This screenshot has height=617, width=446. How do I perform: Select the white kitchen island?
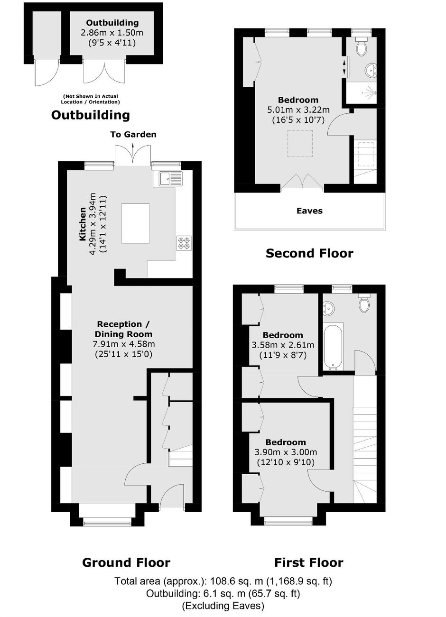pos(136,223)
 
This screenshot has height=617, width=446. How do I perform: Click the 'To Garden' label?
pos(133,134)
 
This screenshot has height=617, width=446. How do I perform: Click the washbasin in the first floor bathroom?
pos(329,308)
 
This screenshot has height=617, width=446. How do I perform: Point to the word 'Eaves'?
pos(309,211)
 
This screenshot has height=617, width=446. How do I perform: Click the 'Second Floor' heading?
pos(309,253)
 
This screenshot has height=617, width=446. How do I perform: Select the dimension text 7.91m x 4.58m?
pos(123,344)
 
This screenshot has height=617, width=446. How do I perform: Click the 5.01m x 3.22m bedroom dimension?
pos(298,110)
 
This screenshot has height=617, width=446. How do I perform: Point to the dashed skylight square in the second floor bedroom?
pos(300,144)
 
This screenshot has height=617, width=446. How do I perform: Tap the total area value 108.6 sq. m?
pos(236,581)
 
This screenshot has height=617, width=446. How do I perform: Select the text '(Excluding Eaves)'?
pos(223,603)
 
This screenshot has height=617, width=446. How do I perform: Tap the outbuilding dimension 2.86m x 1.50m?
pos(112,33)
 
